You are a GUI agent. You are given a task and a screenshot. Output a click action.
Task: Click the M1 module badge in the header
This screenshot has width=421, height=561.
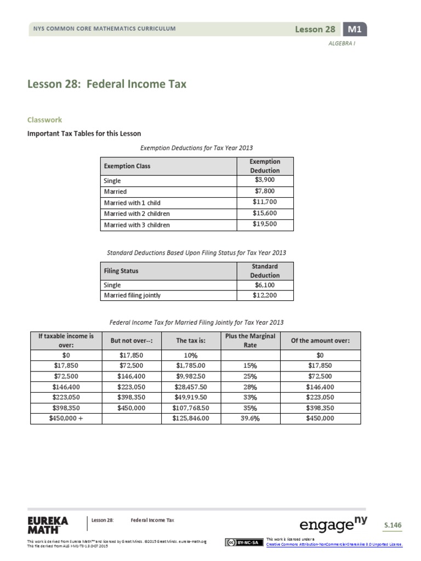[x=354, y=30]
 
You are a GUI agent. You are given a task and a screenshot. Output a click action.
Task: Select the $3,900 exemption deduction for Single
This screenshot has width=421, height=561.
[x=265, y=180]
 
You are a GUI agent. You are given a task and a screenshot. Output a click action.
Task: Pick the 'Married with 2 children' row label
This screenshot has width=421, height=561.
[x=137, y=214]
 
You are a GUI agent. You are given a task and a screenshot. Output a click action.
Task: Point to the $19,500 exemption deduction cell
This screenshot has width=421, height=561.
[x=265, y=225]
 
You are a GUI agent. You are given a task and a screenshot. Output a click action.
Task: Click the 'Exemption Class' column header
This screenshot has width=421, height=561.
[x=127, y=165]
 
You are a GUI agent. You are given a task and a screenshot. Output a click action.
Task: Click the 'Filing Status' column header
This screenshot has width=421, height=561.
[x=121, y=271]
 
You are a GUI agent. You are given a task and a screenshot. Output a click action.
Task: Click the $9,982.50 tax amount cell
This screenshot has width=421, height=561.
[x=190, y=376]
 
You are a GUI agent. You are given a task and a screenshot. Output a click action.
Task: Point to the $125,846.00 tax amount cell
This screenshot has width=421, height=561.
[x=190, y=418]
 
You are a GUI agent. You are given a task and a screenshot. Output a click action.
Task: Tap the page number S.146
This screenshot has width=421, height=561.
[x=392, y=525]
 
